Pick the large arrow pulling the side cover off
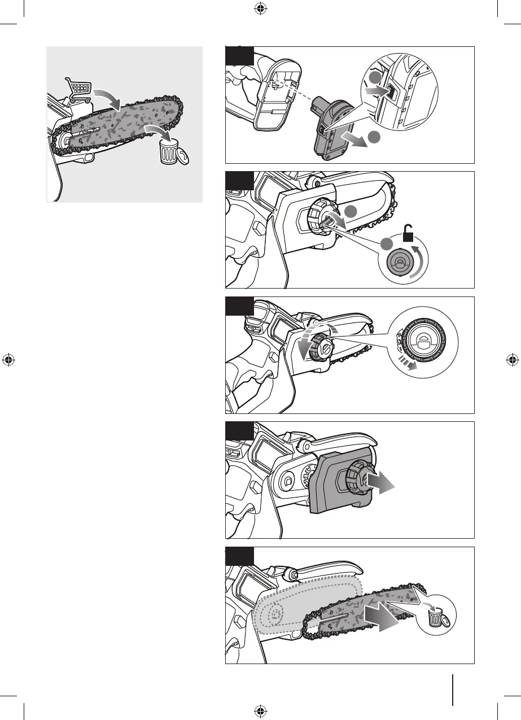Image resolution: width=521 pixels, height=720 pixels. click(383, 483)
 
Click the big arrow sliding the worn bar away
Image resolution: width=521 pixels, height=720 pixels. click(382, 615)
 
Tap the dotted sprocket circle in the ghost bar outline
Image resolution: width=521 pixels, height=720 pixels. click(276, 612)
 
